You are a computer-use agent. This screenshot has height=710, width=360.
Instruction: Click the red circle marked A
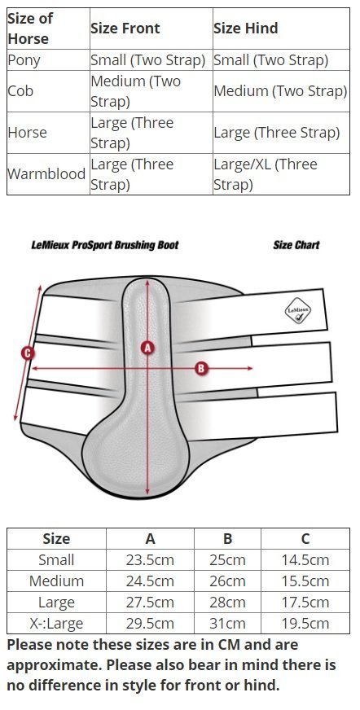pyautogui.click(x=147, y=348)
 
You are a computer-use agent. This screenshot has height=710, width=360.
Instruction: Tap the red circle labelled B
pyautogui.click(x=201, y=368)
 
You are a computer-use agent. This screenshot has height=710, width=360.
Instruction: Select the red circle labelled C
pyautogui.click(x=28, y=353)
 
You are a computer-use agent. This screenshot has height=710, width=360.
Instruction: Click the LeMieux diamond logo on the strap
pyautogui.click(x=297, y=311)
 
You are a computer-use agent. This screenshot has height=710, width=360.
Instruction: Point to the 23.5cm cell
pyautogui.click(x=150, y=560)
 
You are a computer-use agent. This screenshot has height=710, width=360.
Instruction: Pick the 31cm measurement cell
pyautogui.click(x=227, y=624)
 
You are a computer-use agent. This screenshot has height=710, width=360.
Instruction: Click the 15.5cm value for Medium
pyautogui.click(x=305, y=581)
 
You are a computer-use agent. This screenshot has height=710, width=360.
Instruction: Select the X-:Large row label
pyautogui.click(x=56, y=624)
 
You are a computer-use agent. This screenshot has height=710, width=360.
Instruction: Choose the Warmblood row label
pyautogui.click(x=46, y=174)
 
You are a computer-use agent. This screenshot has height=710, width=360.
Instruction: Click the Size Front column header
pyautogui.click(x=125, y=28)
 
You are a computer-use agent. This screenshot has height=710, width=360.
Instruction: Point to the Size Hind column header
pyautogui.click(x=246, y=28)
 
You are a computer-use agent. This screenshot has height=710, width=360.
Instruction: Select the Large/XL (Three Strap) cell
pyautogui.click(x=266, y=174)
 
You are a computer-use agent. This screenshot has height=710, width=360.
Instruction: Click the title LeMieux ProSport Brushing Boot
pyautogui.click(x=105, y=245)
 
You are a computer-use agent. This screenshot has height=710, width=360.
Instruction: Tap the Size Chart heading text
pyautogui.click(x=296, y=245)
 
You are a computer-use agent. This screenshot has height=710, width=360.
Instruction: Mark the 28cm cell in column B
pyautogui.click(x=227, y=603)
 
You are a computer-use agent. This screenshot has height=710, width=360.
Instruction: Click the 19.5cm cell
pyautogui.click(x=305, y=624)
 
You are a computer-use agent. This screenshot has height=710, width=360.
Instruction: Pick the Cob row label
pyautogui.click(x=20, y=91)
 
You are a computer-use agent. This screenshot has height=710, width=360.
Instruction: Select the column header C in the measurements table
pyautogui.click(x=305, y=539)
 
